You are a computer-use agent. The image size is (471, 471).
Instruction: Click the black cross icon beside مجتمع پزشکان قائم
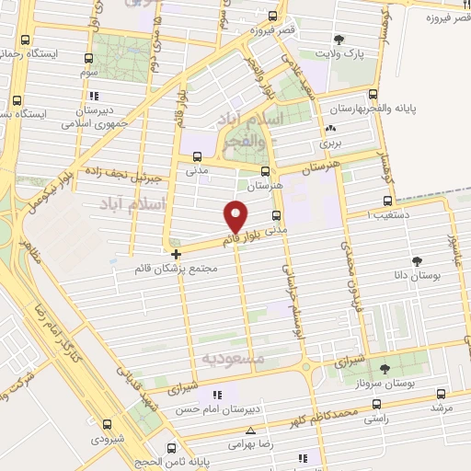coord(177,253)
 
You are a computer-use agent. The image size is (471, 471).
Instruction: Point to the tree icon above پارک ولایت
coord(339,40)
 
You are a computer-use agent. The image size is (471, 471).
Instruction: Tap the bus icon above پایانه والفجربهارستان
coord(372,94)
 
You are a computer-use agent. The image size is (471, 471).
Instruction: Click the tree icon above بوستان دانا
coord(419,261)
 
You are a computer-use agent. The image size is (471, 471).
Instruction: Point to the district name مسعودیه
coord(233,356)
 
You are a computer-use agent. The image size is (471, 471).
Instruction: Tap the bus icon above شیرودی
coord(108,424)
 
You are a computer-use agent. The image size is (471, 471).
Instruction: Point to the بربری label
coord(329,143)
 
